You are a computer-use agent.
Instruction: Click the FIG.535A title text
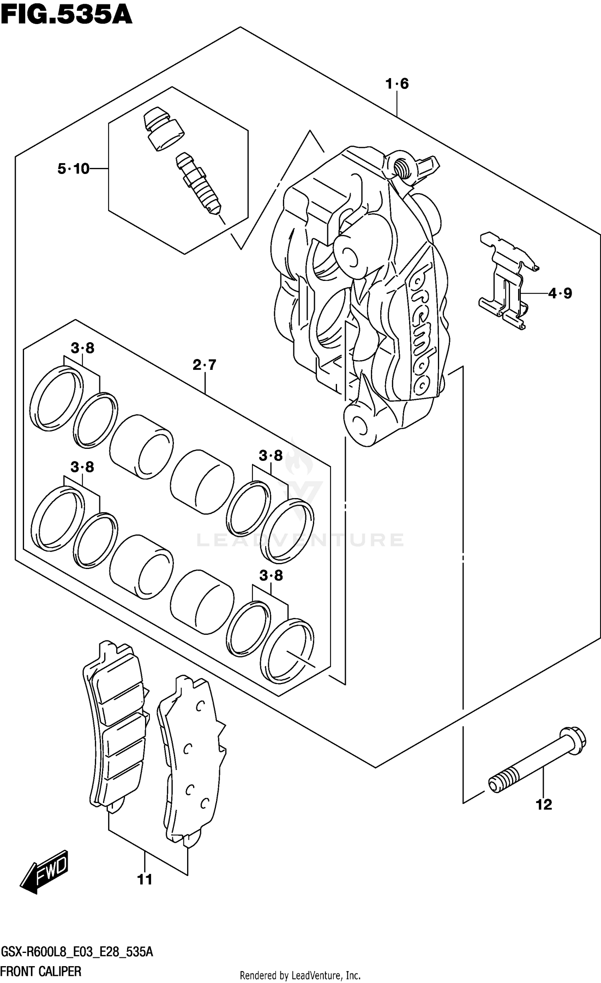point(66,15)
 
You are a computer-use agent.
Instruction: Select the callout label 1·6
point(397,84)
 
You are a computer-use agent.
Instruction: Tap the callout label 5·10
point(73,169)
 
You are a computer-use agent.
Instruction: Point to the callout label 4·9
point(560,294)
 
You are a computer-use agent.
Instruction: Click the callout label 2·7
point(204,365)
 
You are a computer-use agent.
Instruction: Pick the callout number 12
point(544,804)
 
